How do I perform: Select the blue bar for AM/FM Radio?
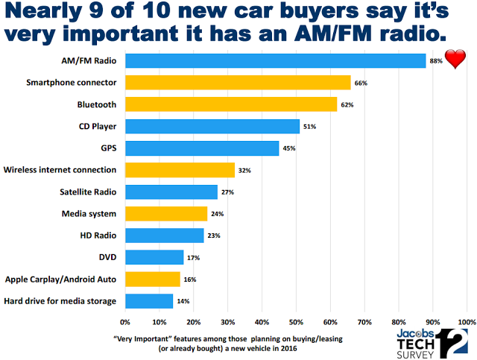click(x=275, y=61)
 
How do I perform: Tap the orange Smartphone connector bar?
click(x=238, y=83)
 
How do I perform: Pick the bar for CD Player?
click(x=212, y=127)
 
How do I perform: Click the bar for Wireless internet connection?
click(x=180, y=170)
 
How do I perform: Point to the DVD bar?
click(x=154, y=257)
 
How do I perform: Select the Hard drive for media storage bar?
click(x=148, y=301)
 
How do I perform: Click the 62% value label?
click(x=347, y=105)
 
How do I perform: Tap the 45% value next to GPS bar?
click(x=288, y=148)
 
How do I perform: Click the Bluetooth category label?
click(x=96, y=104)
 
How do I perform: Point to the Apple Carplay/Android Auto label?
click(x=60, y=279)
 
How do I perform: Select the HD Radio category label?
click(x=97, y=236)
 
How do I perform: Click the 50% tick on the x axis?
click(x=296, y=323)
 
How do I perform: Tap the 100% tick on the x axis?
click(x=466, y=323)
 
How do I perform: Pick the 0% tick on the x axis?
click(x=125, y=323)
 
